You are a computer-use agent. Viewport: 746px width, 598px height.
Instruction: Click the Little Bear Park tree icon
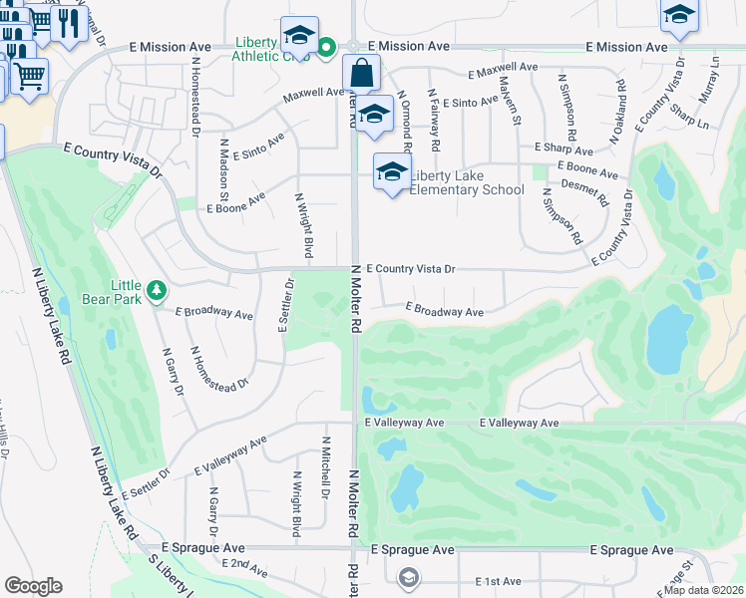point(156,290)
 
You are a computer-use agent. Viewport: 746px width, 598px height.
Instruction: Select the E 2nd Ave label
point(244,567)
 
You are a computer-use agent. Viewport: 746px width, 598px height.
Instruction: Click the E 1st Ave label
point(498,581)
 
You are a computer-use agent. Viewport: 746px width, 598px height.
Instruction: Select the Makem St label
point(510,101)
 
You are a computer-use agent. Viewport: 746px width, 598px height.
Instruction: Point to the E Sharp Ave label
point(564,147)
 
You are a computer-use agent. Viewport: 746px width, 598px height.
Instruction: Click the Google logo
point(33,586)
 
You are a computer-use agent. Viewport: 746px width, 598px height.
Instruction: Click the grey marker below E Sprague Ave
point(408,577)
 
